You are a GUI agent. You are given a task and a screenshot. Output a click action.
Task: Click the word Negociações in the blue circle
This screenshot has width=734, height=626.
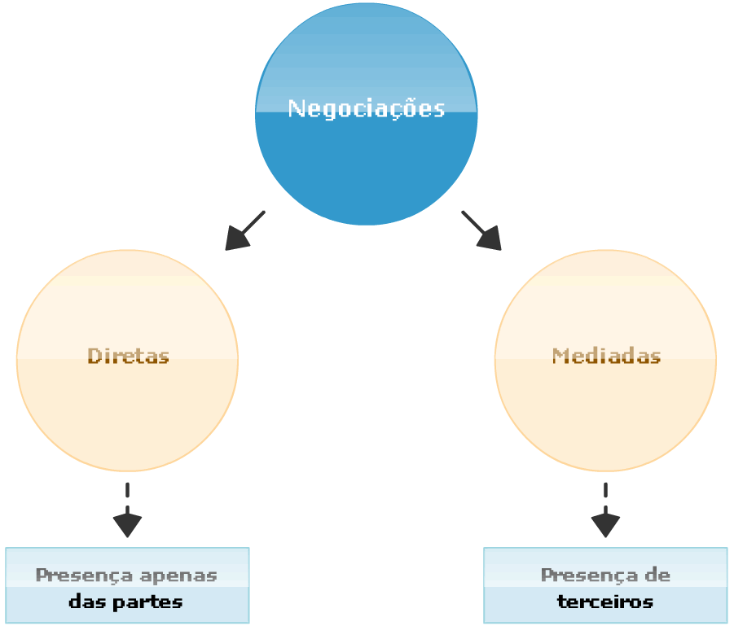pos(367,108)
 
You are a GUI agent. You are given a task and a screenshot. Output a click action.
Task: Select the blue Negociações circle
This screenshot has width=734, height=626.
pos(367,163)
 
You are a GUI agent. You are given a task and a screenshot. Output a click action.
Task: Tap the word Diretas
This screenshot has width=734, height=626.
pos(128,356)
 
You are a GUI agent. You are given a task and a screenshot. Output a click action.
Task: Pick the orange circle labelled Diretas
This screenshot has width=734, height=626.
pos(128,415)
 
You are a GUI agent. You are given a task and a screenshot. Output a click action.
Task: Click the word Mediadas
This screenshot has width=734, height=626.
pos(606,356)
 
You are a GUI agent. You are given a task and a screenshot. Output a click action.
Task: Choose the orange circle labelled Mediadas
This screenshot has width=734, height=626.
pos(606,415)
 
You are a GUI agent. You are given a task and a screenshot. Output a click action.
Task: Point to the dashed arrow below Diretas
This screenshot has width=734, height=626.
pos(128,510)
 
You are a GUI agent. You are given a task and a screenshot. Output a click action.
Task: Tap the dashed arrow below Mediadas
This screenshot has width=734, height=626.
pos(605,510)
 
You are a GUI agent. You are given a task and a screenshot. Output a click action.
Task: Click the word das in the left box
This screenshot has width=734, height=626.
pos(84,603)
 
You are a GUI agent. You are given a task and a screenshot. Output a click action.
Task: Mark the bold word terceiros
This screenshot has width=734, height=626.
pos(605,603)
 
